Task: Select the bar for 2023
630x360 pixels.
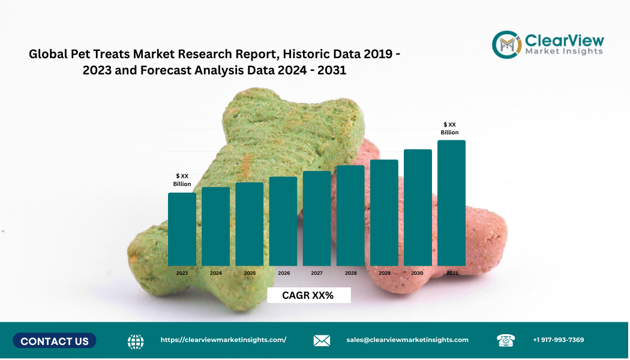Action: [182, 229]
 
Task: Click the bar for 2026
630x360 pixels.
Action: [283, 221]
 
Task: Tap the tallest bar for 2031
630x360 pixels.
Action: [451, 203]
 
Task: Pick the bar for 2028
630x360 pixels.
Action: [350, 215]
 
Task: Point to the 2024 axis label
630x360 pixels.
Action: [216, 273]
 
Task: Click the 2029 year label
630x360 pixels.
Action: [385, 273]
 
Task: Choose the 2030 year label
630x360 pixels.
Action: [417, 273]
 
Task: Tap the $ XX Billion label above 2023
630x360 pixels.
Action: [182, 180]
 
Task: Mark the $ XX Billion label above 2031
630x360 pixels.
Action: [449, 128]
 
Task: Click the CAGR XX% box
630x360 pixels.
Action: [308, 295]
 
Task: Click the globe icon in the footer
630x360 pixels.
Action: [136, 341]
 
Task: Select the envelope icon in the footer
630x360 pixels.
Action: [322, 341]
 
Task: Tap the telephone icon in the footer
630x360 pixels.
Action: [506, 340]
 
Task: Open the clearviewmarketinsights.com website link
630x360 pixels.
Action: [223, 340]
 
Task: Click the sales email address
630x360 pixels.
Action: [407, 340]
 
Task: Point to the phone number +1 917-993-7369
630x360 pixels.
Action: [558, 340]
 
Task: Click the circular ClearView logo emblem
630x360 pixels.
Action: [506, 45]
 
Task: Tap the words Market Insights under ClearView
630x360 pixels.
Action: [564, 52]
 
